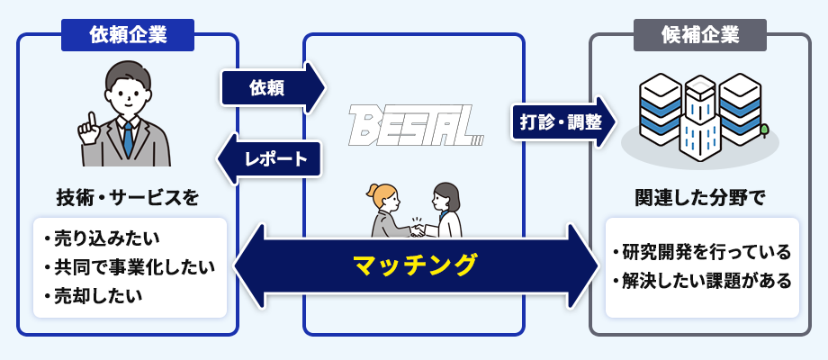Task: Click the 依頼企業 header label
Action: pyautogui.click(x=129, y=36)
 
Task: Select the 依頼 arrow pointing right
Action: pyautogui.click(x=270, y=87)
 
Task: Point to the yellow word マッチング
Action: pyautogui.click(x=414, y=265)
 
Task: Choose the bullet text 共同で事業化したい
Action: pyautogui.click(x=130, y=267)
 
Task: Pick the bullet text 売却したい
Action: pyautogui.click(x=98, y=294)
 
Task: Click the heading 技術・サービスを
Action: pyautogui.click(x=127, y=196)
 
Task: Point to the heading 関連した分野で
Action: pyautogui.click(x=699, y=196)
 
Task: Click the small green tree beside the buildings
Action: pyautogui.click(x=764, y=132)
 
